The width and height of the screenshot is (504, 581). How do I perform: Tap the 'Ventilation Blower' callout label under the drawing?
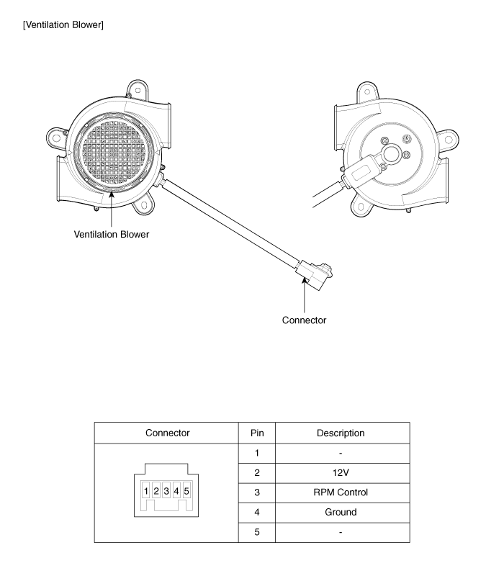point(112,234)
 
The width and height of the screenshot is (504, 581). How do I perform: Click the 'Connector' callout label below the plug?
point(305,320)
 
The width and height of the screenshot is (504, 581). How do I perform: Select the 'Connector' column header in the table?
point(167,433)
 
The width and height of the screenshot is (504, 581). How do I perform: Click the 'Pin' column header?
point(257,433)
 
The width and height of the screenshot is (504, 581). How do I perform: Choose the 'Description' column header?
point(341,433)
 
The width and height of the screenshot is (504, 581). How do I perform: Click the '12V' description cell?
point(341,473)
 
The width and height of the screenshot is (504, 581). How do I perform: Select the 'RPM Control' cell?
point(341,493)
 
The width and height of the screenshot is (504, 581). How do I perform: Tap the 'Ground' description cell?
point(341,513)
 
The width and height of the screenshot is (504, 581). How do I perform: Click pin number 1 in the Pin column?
point(257,454)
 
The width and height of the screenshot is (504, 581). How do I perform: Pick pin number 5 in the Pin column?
point(257,533)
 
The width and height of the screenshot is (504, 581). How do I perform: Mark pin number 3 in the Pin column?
point(257,493)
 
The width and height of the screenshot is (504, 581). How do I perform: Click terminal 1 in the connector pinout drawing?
point(146,491)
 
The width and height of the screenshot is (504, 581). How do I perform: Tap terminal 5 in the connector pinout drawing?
point(186,491)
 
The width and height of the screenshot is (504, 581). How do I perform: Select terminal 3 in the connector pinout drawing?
point(166,491)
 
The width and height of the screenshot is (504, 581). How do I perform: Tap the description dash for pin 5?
point(341,533)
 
